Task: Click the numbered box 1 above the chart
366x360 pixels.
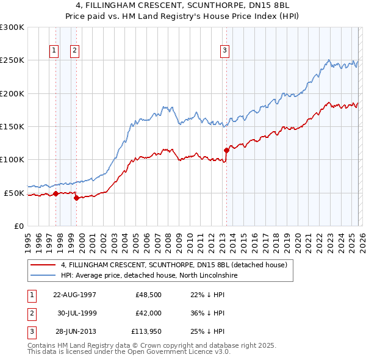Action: tap(54, 51)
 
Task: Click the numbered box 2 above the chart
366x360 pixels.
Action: tap(74, 51)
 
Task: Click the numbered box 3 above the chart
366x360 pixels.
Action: tap(224, 51)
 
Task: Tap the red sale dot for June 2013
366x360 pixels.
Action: tap(226, 149)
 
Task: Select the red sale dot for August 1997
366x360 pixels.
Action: tap(56, 193)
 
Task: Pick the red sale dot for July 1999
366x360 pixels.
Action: tap(76, 198)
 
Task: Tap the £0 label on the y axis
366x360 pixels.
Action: tap(18, 226)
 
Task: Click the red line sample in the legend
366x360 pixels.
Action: tap(43, 265)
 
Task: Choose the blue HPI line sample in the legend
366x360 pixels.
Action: tap(43, 275)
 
